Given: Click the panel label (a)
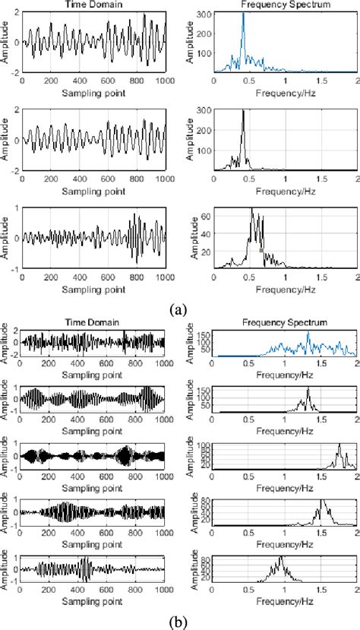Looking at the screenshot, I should pos(178,309).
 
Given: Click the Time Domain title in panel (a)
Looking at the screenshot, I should pos(93,5).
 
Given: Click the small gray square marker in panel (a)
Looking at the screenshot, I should pos(261,249).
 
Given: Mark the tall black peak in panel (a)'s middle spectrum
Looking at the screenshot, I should pos(243,112).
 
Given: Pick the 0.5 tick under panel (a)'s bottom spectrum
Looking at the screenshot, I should pos(247,278).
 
